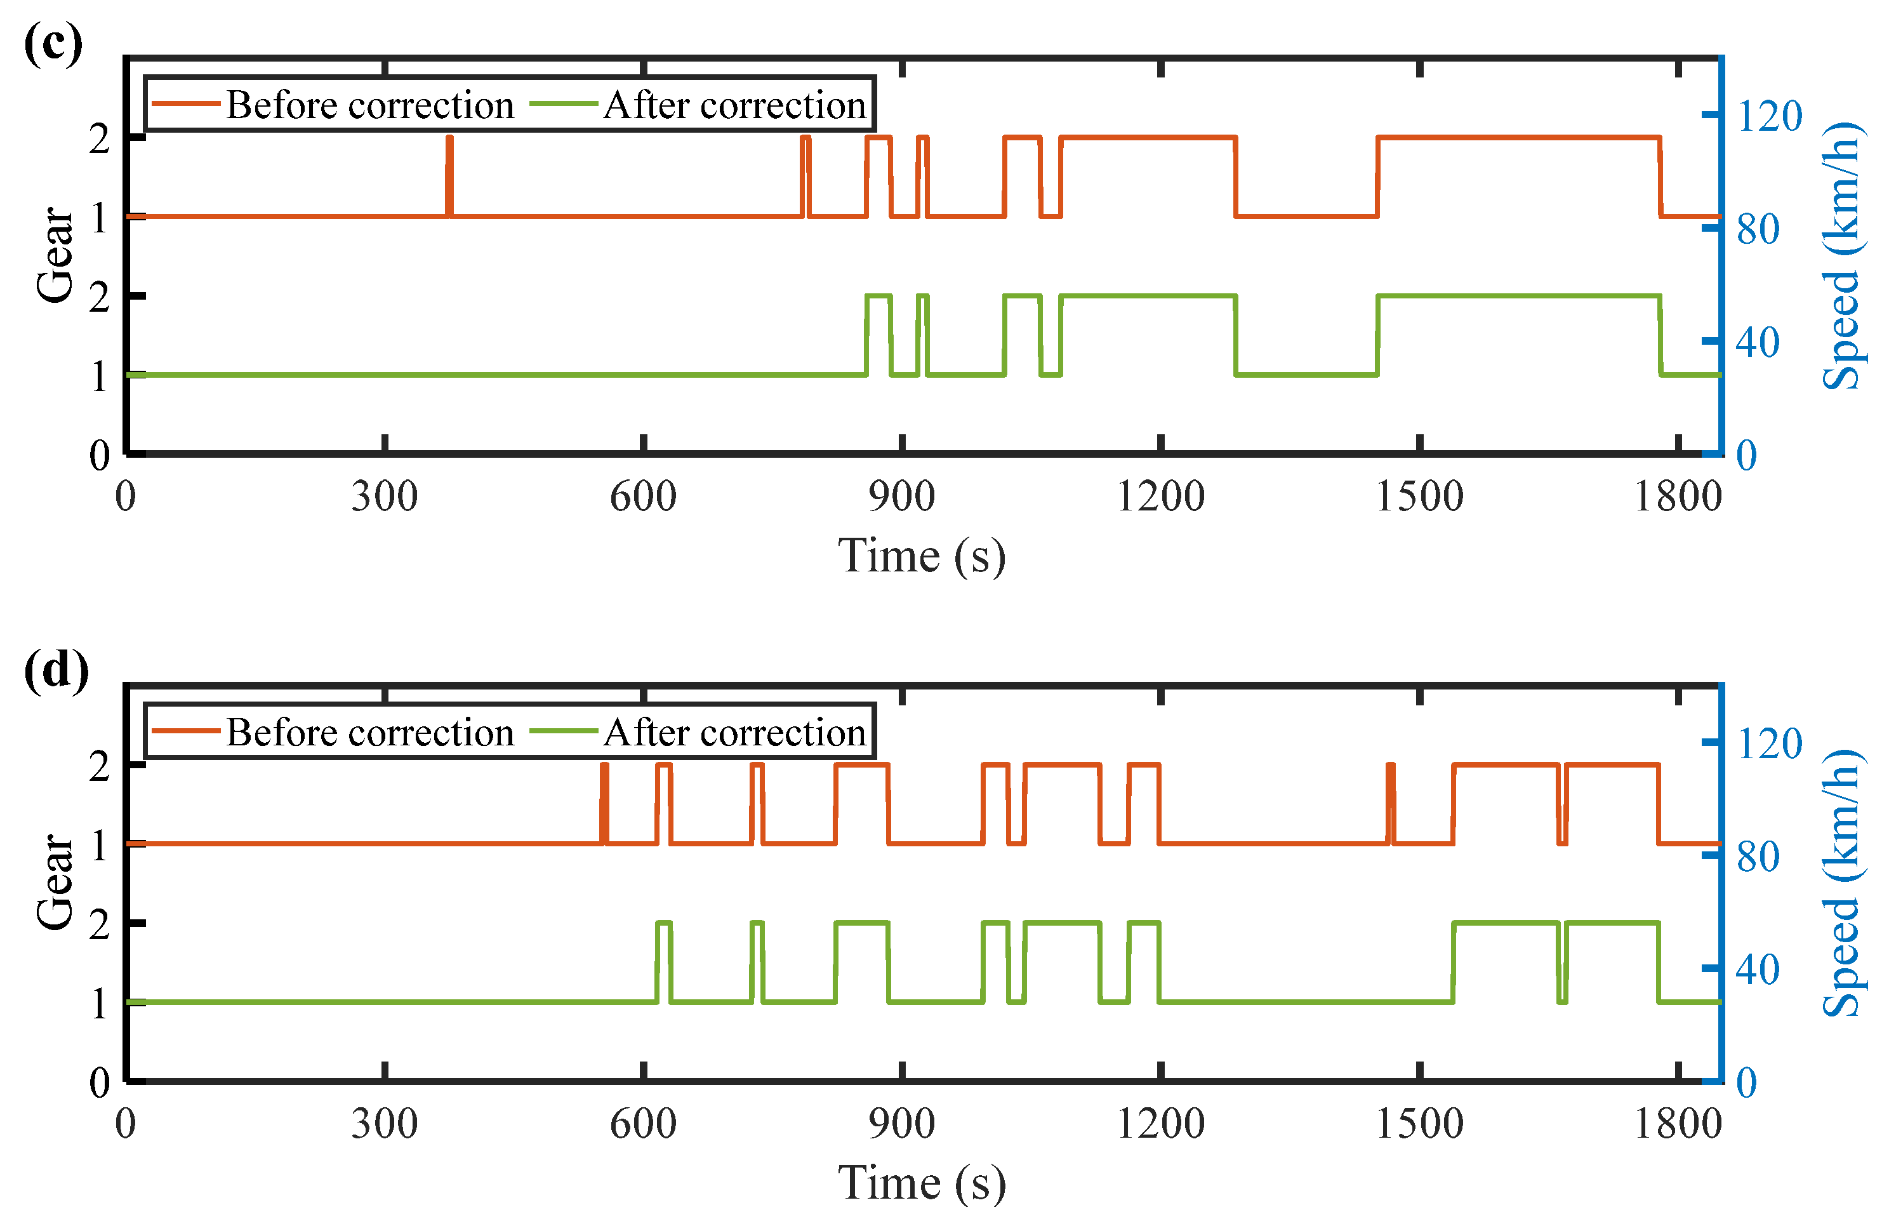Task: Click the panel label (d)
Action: (x=56, y=670)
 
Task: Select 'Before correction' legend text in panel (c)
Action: (x=370, y=105)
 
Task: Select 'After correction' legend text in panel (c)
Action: (x=735, y=105)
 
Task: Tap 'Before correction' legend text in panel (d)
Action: (x=370, y=732)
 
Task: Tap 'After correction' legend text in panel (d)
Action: (x=735, y=732)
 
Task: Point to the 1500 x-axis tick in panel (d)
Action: (x=1419, y=1124)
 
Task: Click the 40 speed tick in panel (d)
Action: (x=1758, y=969)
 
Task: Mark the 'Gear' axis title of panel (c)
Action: (x=55, y=254)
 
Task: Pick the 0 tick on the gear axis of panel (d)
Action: (x=100, y=1083)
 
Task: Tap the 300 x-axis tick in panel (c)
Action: (x=384, y=496)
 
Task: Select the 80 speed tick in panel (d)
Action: (x=1758, y=856)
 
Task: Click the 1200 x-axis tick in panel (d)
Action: (x=1160, y=1124)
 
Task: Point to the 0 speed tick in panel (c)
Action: (x=1747, y=456)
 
